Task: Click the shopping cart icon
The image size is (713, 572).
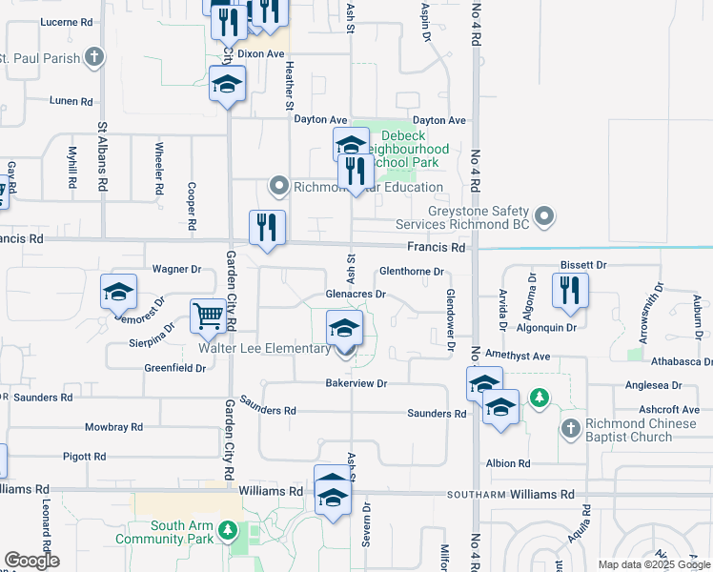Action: (x=208, y=315)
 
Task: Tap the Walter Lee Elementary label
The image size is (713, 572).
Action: (x=264, y=349)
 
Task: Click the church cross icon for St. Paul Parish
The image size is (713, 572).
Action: (x=93, y=57)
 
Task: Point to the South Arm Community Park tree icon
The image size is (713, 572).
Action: (x=227, y=529)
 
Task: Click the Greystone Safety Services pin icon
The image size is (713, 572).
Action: (x=544, y=217)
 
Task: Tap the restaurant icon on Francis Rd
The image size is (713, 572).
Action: (x=267, y=227)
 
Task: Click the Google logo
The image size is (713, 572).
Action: (x=32, y=561)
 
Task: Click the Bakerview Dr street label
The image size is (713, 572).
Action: (x=356, y=383)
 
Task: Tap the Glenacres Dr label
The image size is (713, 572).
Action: (x=356, y=295)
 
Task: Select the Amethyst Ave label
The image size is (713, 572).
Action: (x=518, y=356)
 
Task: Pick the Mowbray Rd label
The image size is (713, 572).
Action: (x=113, y=427)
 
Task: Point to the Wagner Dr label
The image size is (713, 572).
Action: (x=171, y=270)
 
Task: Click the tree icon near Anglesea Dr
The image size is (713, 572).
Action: (x=540, y=396)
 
